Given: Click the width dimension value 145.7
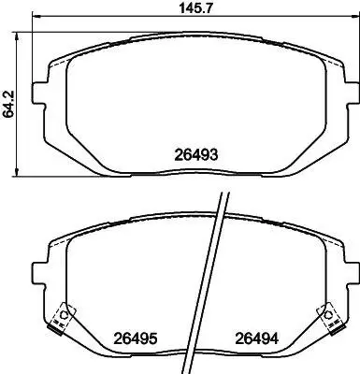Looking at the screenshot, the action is (195, 7).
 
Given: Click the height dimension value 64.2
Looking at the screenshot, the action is (8, 104).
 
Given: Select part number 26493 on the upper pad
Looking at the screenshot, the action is (195, 154).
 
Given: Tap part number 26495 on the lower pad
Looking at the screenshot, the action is (135, 338).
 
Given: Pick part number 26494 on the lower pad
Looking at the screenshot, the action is (256, 338).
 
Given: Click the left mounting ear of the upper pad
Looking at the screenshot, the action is (39, 93).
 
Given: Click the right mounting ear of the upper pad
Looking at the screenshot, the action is (352, 93).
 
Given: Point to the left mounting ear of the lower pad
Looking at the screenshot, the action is (39, 273).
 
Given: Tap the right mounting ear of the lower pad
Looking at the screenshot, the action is (352, 273).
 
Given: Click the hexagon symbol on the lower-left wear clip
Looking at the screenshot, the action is (65, 314).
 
